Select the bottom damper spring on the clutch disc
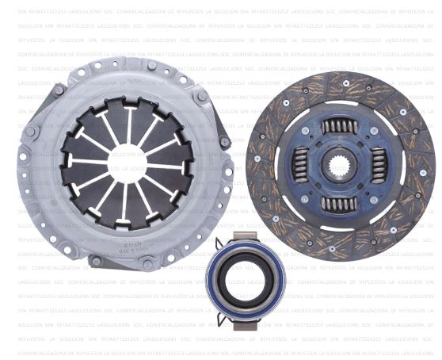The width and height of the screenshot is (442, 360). pyautogui.click(x=340, y=205)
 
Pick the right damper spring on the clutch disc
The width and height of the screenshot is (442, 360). pyautogui.click(x=379, y=166)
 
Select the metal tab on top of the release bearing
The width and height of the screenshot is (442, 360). pyautogui.click(x=244, y=236)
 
